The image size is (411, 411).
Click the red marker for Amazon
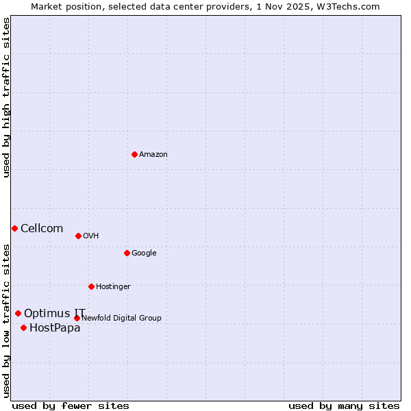point(134,154)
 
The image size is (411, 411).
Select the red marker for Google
point(127,253)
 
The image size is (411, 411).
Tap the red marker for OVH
point(78,236)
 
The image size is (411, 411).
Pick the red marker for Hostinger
point(91,286)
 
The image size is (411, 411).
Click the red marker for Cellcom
point(14,228)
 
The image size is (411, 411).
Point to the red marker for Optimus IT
point(18,313)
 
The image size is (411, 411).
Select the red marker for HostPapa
point(23,327)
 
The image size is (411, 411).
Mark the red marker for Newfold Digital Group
point(77,318)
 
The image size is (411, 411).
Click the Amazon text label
point(153,155)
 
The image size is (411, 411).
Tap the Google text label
point(144,253)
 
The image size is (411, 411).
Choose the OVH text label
point(91,236)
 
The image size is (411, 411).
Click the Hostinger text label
point(113,287)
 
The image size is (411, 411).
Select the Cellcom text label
point(42,229)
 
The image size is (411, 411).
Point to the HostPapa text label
point(55,328)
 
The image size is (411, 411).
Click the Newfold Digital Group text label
point(121,318)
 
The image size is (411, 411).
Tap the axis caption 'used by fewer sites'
point(71,406)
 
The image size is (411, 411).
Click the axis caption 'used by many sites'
point(344,406)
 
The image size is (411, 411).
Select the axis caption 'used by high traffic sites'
point(6,97)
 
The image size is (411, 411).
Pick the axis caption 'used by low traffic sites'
point(6,320)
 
